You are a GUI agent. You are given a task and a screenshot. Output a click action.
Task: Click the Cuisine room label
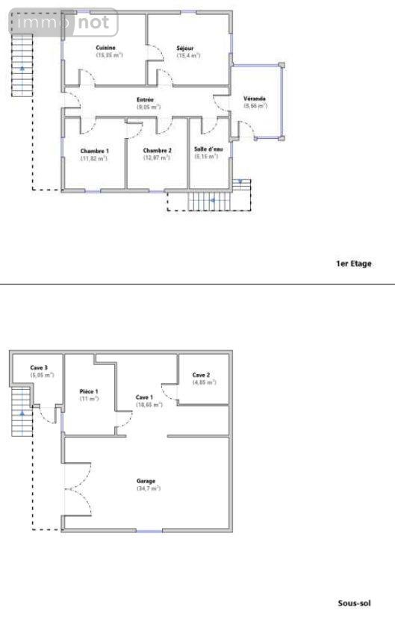[105, 48]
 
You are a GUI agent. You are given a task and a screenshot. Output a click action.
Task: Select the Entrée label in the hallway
[145, 100]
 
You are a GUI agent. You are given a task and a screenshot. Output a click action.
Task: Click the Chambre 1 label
[94, 151]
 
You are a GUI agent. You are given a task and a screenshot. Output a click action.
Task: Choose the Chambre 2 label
[157, 151]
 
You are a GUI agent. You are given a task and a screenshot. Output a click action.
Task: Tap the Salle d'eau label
[208, 149]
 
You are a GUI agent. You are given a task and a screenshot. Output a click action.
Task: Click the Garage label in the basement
[146, 481]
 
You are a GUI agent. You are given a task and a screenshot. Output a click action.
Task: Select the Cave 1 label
[144, 396]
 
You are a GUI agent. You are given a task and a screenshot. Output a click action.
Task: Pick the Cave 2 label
[201, 375]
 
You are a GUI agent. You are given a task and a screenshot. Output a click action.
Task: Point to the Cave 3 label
[40, 367]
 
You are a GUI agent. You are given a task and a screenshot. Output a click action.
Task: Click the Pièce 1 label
[89, 391]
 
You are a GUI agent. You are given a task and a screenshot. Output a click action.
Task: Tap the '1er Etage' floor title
[353, 264]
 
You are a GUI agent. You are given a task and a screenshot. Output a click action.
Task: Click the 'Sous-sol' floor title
[355, 603]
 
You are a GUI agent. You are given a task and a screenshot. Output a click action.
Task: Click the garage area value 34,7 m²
[147, 488]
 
